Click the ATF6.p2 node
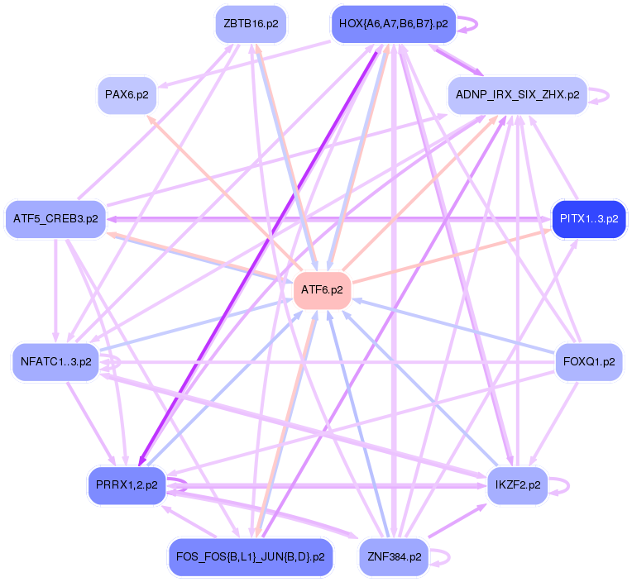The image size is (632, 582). click(x=323, y=290)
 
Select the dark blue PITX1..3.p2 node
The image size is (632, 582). click(x=588, y=219)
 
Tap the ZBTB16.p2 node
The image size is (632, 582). click(x=250, y=24)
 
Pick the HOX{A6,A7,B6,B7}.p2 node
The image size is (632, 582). click(x=394, y=24)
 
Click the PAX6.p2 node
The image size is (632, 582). click(x=127, y=94)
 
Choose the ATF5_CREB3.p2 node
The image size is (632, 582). click(x=55, y=219)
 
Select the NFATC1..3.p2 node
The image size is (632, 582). click(x=56, y=361)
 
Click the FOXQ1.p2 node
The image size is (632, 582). click(x=588, y=361)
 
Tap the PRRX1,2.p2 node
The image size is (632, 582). click(x=127, y=485)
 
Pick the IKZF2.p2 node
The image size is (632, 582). click(x=517, y=485)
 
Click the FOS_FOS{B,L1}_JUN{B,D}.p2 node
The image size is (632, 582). click(x=250, y=556)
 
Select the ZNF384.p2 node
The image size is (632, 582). click(x=395, y=556)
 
